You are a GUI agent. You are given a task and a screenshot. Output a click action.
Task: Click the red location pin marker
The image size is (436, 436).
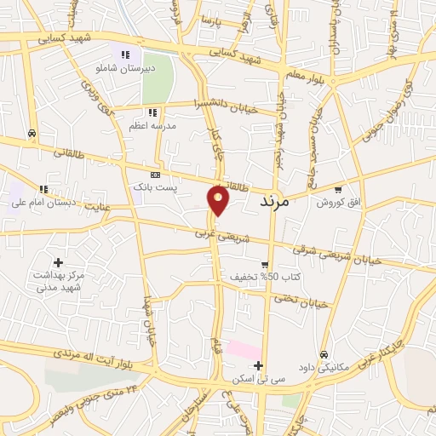point(219,199)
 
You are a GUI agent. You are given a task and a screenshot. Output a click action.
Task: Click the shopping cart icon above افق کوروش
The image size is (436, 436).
point(339,189)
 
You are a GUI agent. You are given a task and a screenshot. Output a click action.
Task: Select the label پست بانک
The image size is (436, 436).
point(153,186)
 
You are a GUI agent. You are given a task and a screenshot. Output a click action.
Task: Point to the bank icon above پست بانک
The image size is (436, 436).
point(154,172)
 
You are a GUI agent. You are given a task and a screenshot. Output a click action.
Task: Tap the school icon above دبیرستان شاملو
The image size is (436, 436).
point(126,54)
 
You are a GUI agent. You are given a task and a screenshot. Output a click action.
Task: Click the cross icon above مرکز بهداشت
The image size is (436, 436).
point(58,262)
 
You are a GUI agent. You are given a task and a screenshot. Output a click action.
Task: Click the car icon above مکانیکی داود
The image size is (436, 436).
point(324,354)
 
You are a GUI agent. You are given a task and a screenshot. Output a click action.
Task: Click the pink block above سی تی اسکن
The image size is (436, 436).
point(244,350)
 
